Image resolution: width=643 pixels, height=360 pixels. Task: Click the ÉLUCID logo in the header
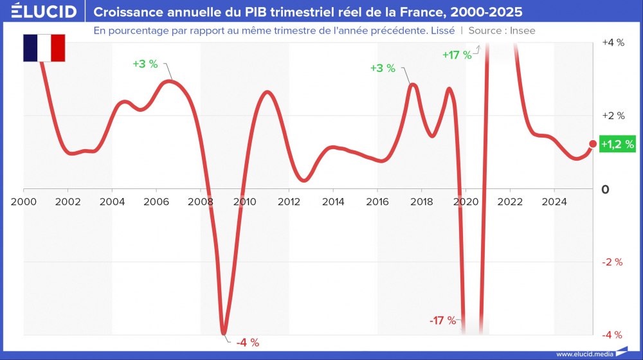[x=44, y=12]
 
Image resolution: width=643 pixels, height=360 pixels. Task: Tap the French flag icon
[x=44, y=48]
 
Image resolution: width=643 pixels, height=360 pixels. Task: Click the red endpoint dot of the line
[x=593, y=145]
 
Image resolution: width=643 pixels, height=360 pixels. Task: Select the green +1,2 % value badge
[x=617, y=145]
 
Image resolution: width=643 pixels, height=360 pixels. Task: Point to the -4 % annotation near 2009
[x=248, y=343]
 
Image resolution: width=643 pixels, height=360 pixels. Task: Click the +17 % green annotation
[x=457, y=55]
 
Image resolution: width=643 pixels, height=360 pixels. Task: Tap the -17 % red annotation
[x=443, y=320]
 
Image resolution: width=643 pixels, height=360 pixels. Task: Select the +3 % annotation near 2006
[x=145, y=64]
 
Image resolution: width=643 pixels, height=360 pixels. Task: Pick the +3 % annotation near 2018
[x=383, y=67]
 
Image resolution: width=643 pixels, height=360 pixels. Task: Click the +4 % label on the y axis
[x=613, y=42]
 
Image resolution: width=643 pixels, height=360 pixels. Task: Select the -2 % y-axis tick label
[x=612, y=262]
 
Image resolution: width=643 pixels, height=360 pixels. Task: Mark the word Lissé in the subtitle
[x=442, y=30]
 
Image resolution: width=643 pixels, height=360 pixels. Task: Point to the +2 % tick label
[x=613, y=116]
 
